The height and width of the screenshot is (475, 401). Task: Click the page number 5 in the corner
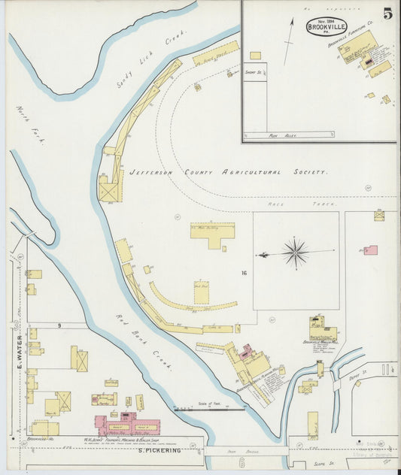point(386,14)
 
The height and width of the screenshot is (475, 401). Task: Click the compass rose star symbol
point(295,253)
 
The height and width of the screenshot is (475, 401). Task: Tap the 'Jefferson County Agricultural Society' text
point(228,172)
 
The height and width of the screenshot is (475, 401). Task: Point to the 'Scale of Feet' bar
point(210,409)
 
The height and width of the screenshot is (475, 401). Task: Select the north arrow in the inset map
point(288,42)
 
